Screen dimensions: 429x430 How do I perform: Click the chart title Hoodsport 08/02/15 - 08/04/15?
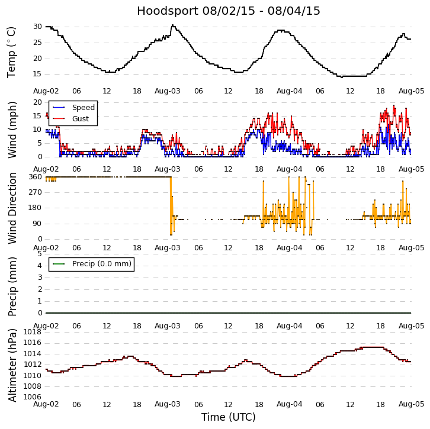(228, 11)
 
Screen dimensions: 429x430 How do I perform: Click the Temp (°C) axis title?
(12, 52)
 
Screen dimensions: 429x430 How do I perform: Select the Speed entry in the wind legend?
(83, 108)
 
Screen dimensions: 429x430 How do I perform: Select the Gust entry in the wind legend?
(80, 119)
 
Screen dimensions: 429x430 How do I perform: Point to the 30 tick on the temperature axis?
(37, 27)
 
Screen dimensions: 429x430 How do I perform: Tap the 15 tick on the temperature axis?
(37, 74)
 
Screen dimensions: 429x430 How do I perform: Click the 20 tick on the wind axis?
(37, 102)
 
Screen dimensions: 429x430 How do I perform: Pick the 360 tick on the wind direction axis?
(35, 177)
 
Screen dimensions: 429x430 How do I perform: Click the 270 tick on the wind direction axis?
(35, 192)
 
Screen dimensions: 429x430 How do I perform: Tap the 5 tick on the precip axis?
(39, 254)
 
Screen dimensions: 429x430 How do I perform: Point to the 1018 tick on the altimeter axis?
(32, 332)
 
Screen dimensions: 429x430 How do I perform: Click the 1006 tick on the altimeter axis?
(32, 397)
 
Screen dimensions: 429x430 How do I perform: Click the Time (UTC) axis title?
(228, 417)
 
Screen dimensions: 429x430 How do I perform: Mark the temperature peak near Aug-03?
(172, 25)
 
